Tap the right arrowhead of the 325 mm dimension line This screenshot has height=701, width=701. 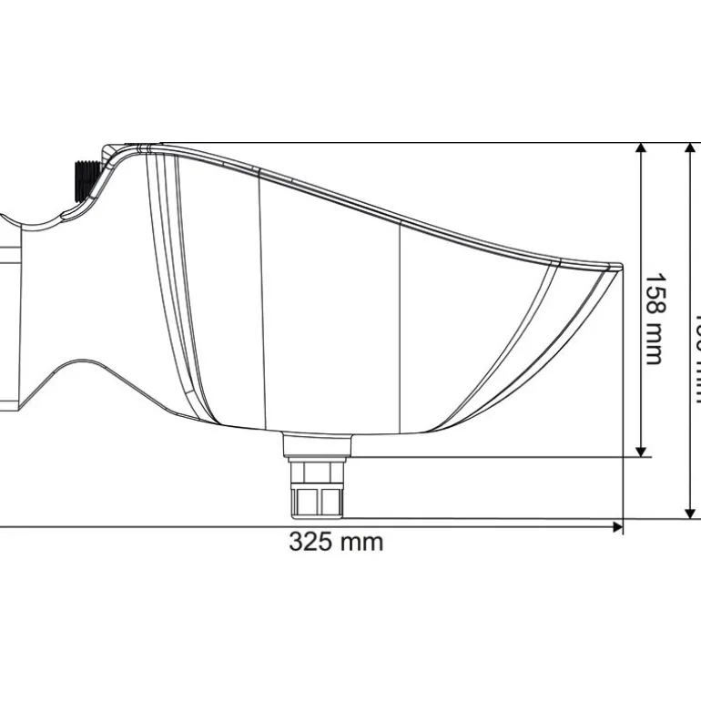pos(617,526)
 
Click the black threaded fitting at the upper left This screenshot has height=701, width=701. pos(82,179)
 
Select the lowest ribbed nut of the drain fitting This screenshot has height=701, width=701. pos(318,502)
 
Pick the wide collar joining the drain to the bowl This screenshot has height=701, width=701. pos(317,444)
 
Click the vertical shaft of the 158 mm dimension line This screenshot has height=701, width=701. pos(642,228)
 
